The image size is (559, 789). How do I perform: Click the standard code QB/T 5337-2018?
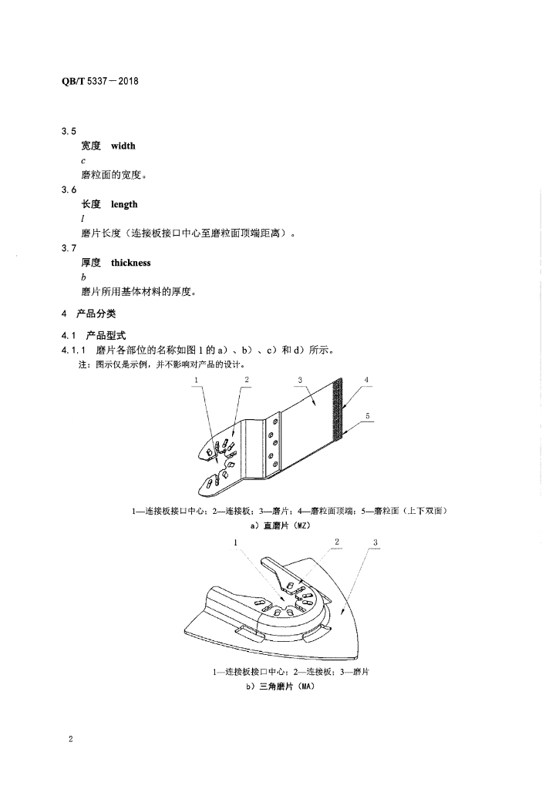pos(99,81)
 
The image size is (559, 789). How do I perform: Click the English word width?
pos(123,146)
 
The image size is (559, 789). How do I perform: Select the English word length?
pos(124,204)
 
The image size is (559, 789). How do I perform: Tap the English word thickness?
pos(131,263)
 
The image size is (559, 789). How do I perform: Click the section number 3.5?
pos(69,131)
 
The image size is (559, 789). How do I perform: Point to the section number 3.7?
pos(69,248)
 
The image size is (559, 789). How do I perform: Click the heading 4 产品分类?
pos(89,314)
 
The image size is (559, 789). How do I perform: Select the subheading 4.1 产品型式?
pos(93,336)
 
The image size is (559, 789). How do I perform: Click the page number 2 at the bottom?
pos(71,739)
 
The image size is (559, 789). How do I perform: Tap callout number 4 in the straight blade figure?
pos(366,380)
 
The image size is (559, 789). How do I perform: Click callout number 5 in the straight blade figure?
pos(368,415)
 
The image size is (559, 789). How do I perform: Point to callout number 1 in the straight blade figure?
pos(196,381)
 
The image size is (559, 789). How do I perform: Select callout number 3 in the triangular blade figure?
pos(375,542)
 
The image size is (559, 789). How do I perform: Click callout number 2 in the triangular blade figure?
pos(337,542)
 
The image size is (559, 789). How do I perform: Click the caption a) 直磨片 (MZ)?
pos(281,525)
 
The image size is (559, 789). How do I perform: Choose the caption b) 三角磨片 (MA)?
pos(281,687)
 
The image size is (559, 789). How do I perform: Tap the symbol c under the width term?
pos(83,161)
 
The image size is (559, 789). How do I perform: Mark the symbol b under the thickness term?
pos(83,277)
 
